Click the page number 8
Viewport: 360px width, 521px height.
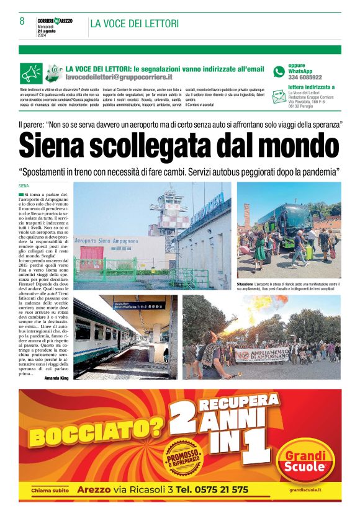22,21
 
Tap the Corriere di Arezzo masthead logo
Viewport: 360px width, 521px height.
55,21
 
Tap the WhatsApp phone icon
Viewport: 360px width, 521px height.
279,71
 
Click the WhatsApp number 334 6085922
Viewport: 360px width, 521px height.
305,78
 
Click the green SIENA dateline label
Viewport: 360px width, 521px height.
24,185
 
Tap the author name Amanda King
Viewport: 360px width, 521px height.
56,377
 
